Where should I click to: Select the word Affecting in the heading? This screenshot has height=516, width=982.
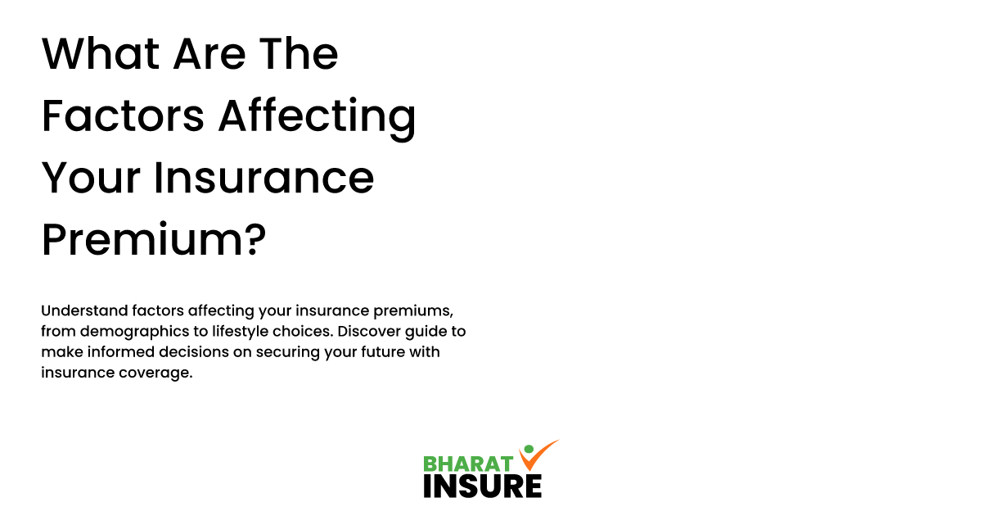pyautogui.click(x=317, y=117)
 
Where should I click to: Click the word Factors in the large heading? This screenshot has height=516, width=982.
pyautogui.click(x=123, y=117)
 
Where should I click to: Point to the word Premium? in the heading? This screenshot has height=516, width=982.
pyautogui.click(x=154, y=240)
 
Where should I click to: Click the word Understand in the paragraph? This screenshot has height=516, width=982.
pyautogui.click(x=82, y=311)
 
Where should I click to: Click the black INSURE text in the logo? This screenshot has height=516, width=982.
pyautogui.click(x=482, y=486)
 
